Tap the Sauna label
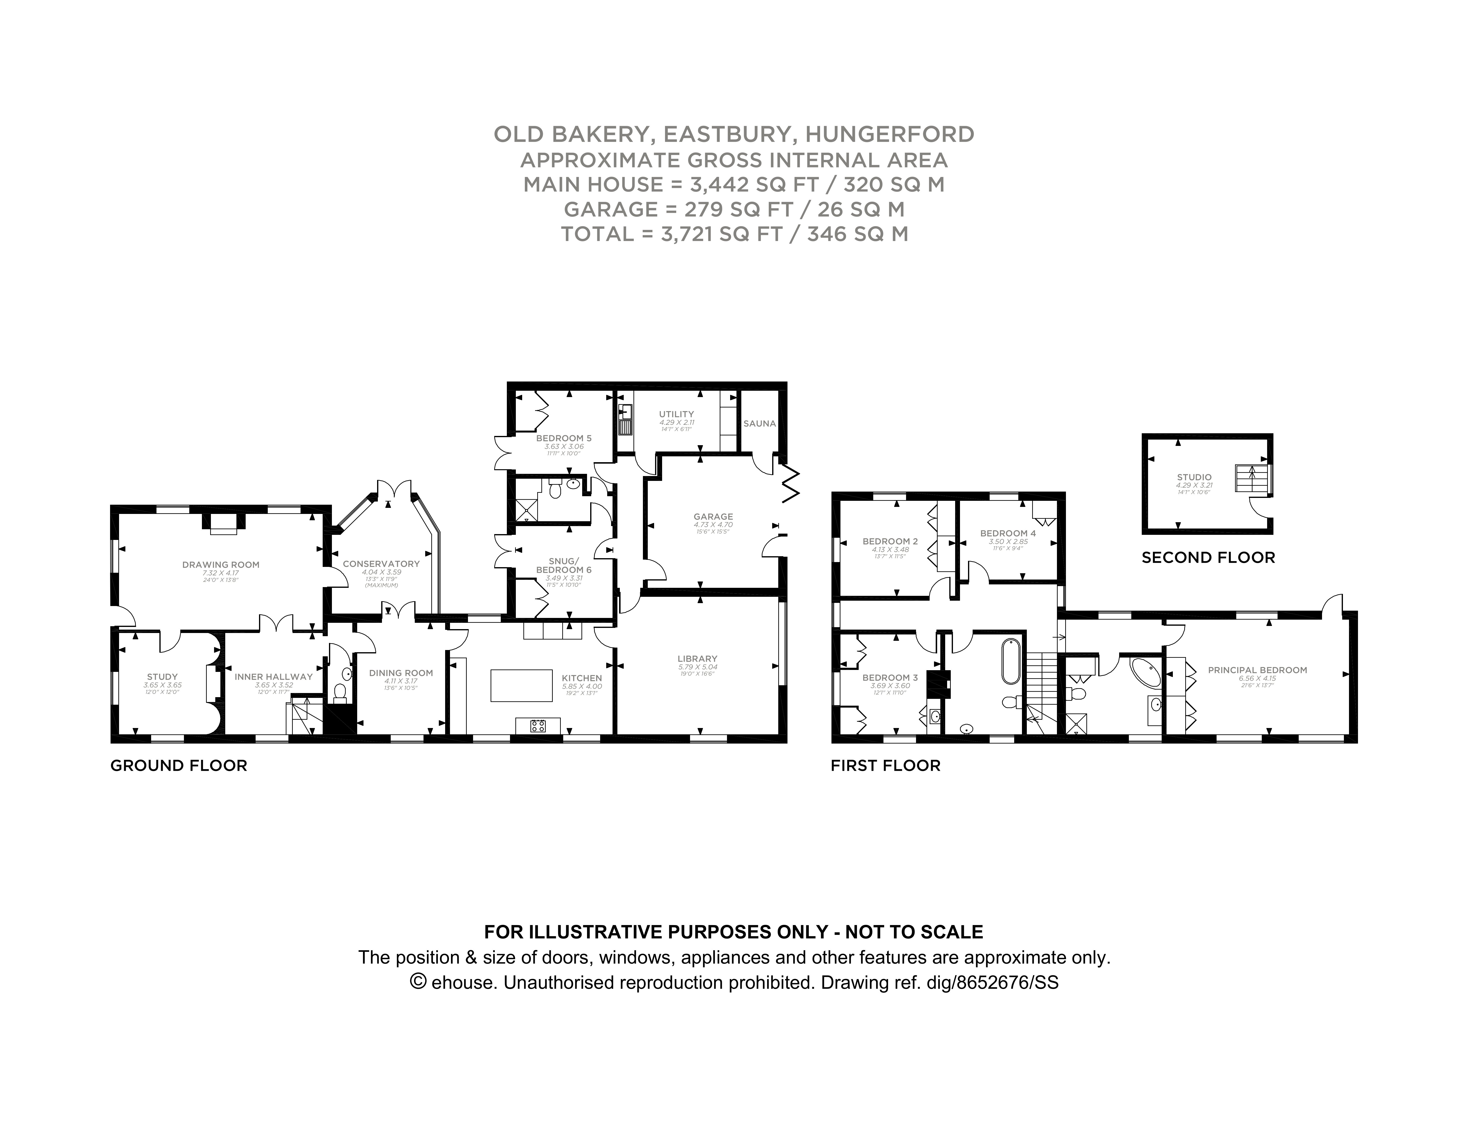(759, 423)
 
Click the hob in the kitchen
(538, 726)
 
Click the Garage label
(713, 517)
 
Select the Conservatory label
(381, 564)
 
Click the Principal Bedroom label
(1257, 670)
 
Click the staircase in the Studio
(1251, 478)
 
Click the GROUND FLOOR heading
(178, 765)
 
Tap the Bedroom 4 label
(1008, 533)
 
